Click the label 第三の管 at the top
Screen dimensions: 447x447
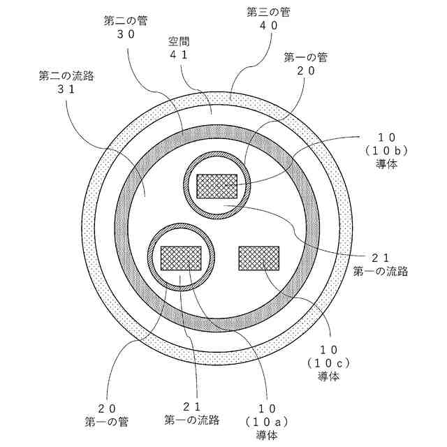pos(265,12)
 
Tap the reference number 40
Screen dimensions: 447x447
pos(265,25)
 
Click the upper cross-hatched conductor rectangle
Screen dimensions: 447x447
pos(217,186)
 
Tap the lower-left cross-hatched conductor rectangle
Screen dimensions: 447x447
pos(181,258)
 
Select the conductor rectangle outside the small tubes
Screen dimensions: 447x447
pos(258,258)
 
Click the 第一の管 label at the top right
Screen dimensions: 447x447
pos(306,57)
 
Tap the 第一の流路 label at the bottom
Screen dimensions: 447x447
pos(192,420)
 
